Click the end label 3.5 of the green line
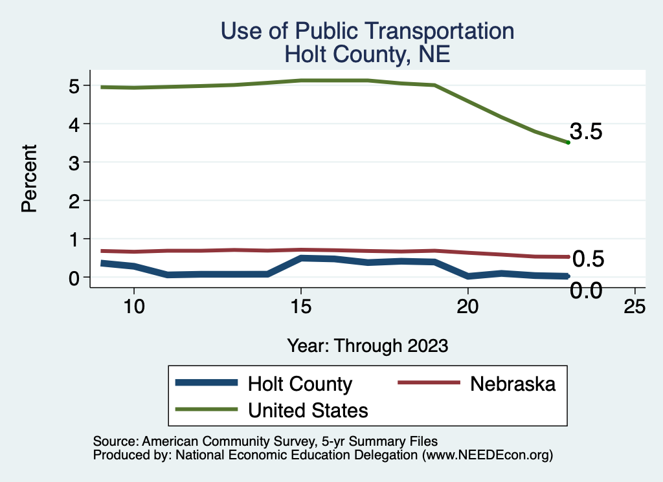(587, 131)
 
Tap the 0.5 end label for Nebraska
(589, 259)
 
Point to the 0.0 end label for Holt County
(587, 290)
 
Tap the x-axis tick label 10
(133, 307)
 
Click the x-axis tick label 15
(300, 307)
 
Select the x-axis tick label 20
(467, 307)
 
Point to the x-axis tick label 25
(635, 307)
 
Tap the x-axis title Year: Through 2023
(367, 345)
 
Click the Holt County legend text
(300, 384)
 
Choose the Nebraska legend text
(513, 384)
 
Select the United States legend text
(308, 410)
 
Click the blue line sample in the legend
(207, 383)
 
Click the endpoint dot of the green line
(568, 142)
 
